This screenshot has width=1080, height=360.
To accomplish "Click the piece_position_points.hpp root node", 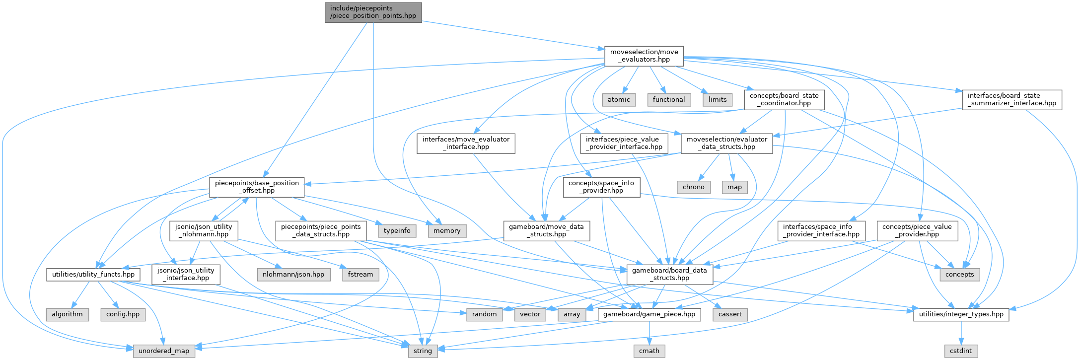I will [x=373, y=12].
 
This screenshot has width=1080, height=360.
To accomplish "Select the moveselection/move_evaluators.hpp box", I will [x=644, y=56].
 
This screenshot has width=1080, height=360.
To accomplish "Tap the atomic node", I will [x=619, y=99].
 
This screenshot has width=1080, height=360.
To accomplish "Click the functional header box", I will [x=669, y=99].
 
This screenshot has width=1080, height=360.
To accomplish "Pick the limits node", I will [x=718, y=99].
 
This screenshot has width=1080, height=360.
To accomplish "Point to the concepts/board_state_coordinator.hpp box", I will [x=784, y=99].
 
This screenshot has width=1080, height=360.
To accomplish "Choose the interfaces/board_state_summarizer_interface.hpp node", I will [x=1011, y=99].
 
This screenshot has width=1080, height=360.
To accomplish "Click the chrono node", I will [x=693, y=187].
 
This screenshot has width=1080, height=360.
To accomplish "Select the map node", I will [x=734, y=187].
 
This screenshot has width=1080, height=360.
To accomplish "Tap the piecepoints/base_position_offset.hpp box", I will [x=256, y=187].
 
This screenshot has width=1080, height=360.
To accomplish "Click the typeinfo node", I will [x=397, y=230].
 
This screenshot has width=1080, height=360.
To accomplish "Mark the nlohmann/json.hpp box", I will [x=293, y=274].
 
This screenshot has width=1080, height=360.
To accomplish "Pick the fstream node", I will [x=360, y=274].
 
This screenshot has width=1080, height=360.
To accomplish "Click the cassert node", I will [x=730, y=314].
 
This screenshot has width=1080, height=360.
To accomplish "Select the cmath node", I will [x=649, y=351].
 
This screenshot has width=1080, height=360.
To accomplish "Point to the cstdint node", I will [x=961, y=351].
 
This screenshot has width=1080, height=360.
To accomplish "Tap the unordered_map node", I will [x=164, y=351].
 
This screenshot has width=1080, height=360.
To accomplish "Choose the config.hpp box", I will [x=123, y=314].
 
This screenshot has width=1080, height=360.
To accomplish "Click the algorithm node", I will [x=67, y=314].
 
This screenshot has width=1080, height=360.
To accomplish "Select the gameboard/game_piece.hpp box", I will [x=649, y=314].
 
